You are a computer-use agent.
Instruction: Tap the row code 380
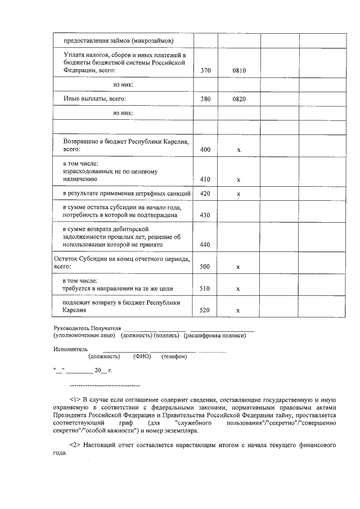click(x=205, y=99)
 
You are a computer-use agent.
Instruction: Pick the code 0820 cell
click(x=239, y=99)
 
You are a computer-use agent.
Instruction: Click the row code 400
click(x=205, y=150)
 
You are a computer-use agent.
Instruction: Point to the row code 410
click(x=205, y=179)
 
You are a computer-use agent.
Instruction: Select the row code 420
click(x=205, y=193)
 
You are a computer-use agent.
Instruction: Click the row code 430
click(x=205, y=215)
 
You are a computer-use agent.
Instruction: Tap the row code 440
click(x=205, y=245)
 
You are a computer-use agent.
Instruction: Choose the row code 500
click(x=205, y=267)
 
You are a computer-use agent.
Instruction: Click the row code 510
click(x=205, y=289)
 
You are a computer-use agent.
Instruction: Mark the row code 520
click(x=205, y=310)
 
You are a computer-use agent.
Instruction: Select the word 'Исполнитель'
click(x=67, y=349)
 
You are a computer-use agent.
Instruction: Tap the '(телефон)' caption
click(x=174, y=357)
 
